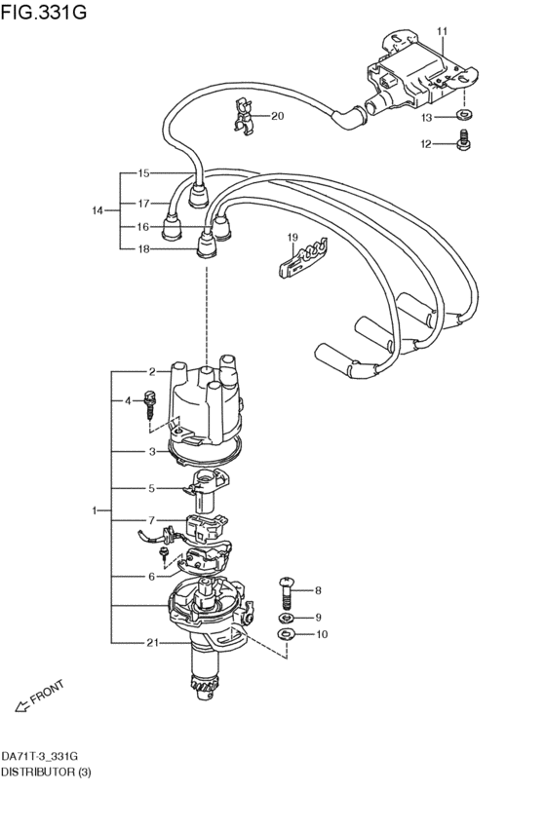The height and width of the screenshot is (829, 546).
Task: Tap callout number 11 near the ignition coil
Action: click(440, 32)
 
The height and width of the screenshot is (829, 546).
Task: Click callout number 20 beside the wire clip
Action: click(277, 117)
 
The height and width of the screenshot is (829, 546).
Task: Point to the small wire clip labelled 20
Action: click(244, 116)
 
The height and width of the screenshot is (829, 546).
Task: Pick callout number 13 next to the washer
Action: click(427, 118)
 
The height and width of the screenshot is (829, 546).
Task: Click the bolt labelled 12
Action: click(462, 144)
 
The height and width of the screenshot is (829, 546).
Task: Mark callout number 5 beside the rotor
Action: click(152, 488)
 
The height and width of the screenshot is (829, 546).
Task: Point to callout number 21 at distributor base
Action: click(153, 643)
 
